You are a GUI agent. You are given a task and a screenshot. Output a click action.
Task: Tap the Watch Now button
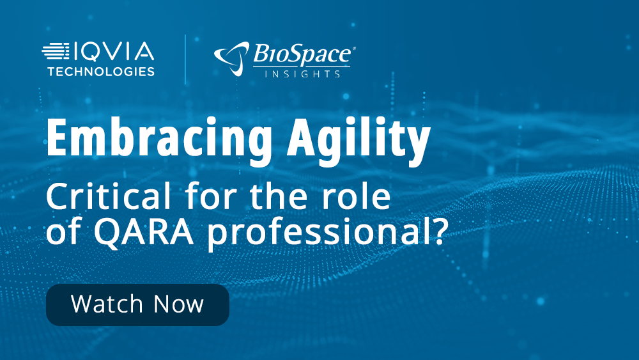[137, 304]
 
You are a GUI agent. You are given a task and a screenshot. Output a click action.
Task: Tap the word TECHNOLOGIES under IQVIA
[101, 71]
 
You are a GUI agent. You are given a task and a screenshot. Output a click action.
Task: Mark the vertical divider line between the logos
[185, 59]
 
